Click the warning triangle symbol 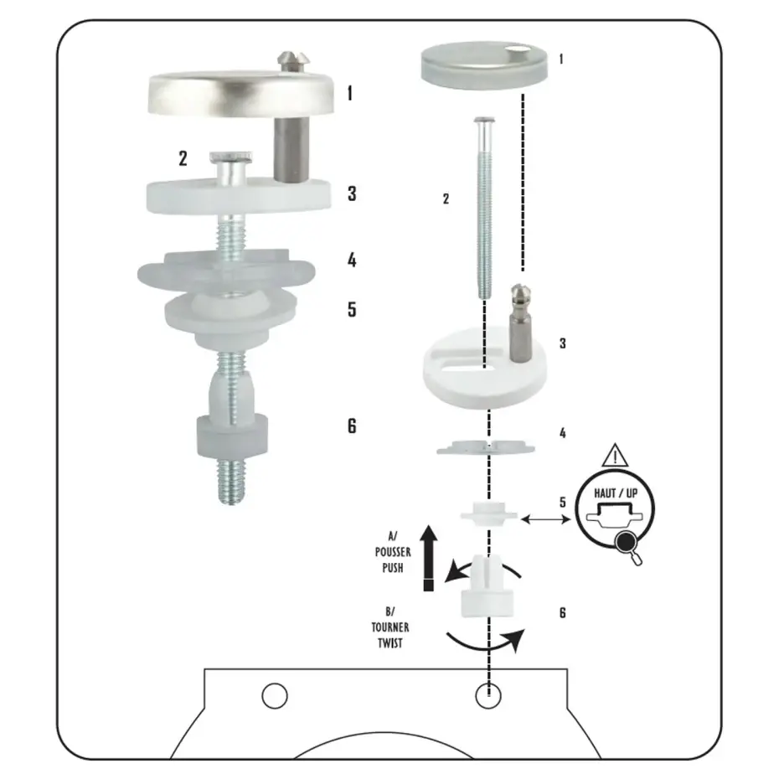pyautogui.click(x=615, y=456)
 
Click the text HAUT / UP pyautogui.click(x=616, y=493)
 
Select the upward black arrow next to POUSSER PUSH pyautogui.click(x=428, y=558)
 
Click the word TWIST pyautogui.click(x=390, y=642)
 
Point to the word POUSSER pyautogui.click(x=393, y=552)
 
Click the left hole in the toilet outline pyautogui.click(x=275, y=695)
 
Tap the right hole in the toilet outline pyautogui.click(x=488, y=695)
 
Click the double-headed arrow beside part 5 pyautogui.click(x=545, y=519)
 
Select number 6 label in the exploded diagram pyautogui.click(x=562, y=612)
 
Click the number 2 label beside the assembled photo pyautogui.click(x=183, y=158)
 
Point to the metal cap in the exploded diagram pyautogui.click(x=484, y=66)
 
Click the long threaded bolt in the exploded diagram pyautogui.click(x=484, y=208)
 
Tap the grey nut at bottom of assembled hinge pyautogui.click(x=232, y=436)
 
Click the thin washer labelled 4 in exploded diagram pyautogui.click(x=485, y=446)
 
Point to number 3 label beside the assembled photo pyautogui.click(x=353, y=193)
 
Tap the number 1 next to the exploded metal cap pyautogui.click(x=561, y=59)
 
